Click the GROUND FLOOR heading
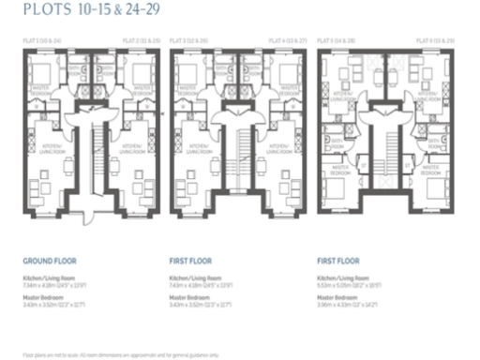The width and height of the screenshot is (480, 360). [50, 262]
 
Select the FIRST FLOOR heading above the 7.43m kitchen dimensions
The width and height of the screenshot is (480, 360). [191, 262]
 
